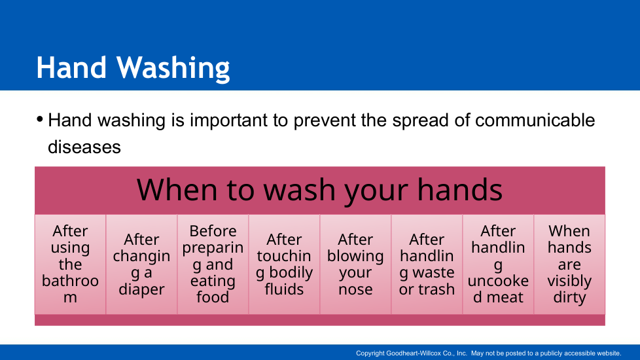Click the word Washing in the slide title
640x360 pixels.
tap(173, 68)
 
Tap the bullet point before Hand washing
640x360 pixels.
tap(40, 120)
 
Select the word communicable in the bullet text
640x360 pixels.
tap(535, 120)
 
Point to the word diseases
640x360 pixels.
tap(84, 147)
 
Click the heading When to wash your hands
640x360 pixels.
tap(319, 190)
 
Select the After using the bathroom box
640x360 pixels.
tap(70, 264)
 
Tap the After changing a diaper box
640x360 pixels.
tap(141, 264)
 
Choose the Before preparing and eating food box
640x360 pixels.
tap(213, 264)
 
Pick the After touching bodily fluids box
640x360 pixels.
tap(284, 264)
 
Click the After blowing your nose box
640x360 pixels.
tap(355, 264)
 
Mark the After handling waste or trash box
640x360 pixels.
tap(427, 264)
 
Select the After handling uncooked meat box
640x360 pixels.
tap(498, 264)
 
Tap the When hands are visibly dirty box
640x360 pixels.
tap(569, 264)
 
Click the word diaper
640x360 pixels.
tap(141, 290)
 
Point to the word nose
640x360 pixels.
tap(355, 289)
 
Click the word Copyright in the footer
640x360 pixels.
tap(370, 353)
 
